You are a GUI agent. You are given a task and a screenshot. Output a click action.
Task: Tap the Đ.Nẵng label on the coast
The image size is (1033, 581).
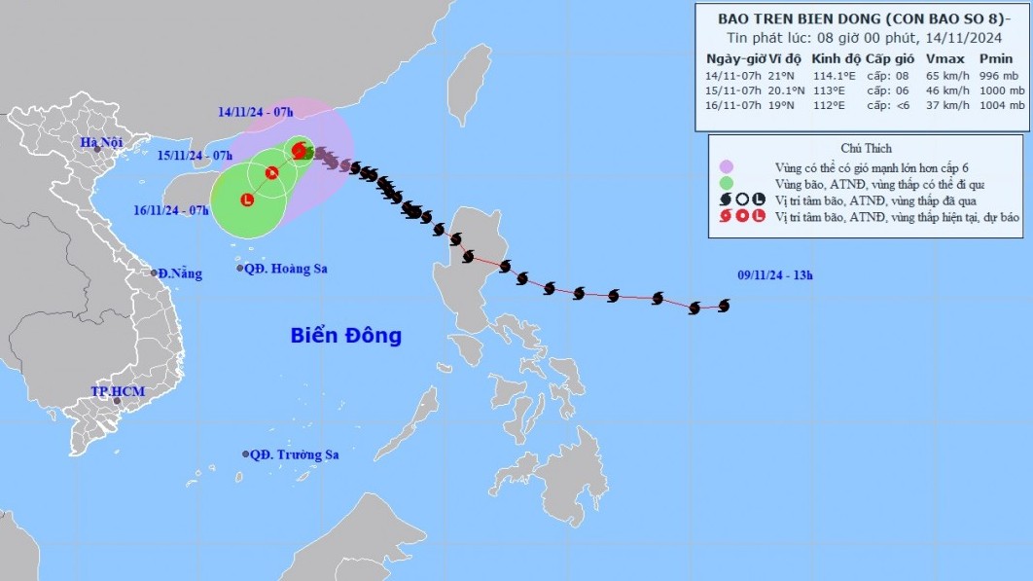(x=181, y=273)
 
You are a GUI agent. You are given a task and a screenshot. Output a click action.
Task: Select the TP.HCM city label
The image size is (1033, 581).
(x=117, y=391)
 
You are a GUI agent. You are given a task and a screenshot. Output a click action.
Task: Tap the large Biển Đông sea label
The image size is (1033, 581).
(x=345, y=336)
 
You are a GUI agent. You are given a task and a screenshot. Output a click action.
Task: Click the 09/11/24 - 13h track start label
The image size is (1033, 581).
(x=774, y=276)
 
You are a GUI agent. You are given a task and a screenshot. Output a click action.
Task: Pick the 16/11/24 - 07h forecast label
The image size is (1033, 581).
(x=173, y=210)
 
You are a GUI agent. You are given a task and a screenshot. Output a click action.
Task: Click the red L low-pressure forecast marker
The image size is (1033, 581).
(x=246, y=200)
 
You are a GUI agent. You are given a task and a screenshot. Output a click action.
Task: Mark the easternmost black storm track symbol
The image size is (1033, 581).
(x=724, y=306)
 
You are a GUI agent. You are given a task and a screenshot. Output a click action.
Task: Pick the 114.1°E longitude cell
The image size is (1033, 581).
(x=826, y=75)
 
